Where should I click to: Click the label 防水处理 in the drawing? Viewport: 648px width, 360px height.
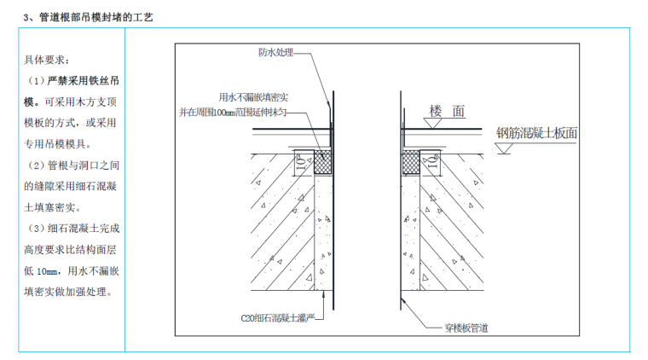(x=275, y=52)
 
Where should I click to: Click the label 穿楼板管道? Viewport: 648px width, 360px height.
(x=466, y=328)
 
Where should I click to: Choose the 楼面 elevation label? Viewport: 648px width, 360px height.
(x=448, y=112)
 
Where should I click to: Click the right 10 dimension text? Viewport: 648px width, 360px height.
(x=432, y=160)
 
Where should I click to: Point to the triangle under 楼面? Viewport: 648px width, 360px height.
(x=432, y=124)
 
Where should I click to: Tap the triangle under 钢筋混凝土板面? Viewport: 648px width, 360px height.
(x=504, y=148)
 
